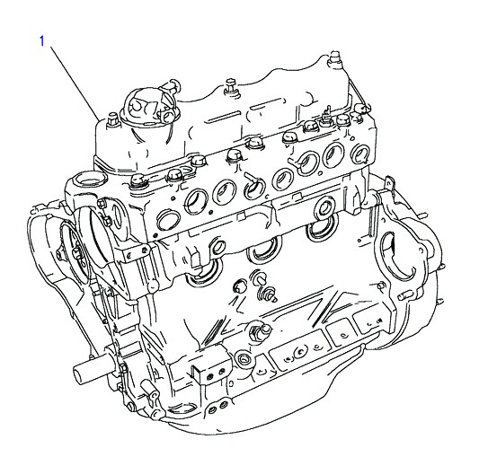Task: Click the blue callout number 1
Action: point(42,41)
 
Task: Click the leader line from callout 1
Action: point(75,83)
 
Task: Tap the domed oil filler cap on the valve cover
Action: point(149,107)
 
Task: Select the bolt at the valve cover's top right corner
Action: point(335,59)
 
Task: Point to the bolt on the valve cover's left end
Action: point(112,119)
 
